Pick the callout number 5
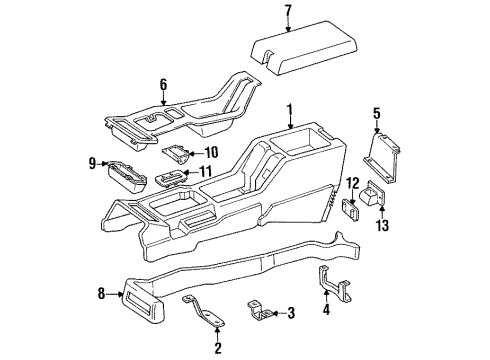tap(377, 113)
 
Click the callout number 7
tap(287, 12)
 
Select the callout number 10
tap(211, 152)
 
